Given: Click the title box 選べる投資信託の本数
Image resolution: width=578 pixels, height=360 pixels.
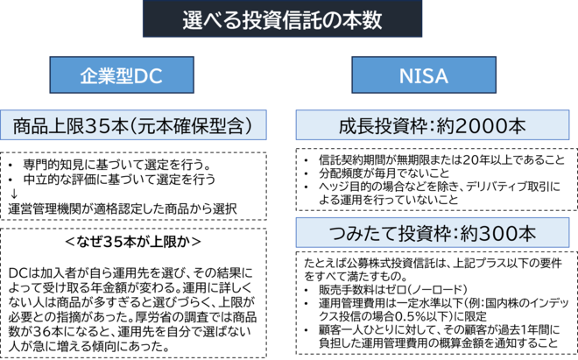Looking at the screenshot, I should tap(282, 20).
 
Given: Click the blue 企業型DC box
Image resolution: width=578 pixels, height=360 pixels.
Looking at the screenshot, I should tap(122, 75).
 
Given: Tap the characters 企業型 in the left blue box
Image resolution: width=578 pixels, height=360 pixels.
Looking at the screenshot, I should tap(105, 75).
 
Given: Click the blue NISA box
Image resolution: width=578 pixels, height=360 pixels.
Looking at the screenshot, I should tap(424, 75).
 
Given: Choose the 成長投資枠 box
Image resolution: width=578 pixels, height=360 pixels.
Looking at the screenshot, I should tap(432, 126).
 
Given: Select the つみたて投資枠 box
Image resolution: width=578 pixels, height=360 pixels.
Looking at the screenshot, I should tap(432, 235).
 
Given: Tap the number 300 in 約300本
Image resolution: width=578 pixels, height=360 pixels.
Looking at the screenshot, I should tap(498, 235).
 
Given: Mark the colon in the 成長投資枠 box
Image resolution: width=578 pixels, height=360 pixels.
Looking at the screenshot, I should tap(426, 126).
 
